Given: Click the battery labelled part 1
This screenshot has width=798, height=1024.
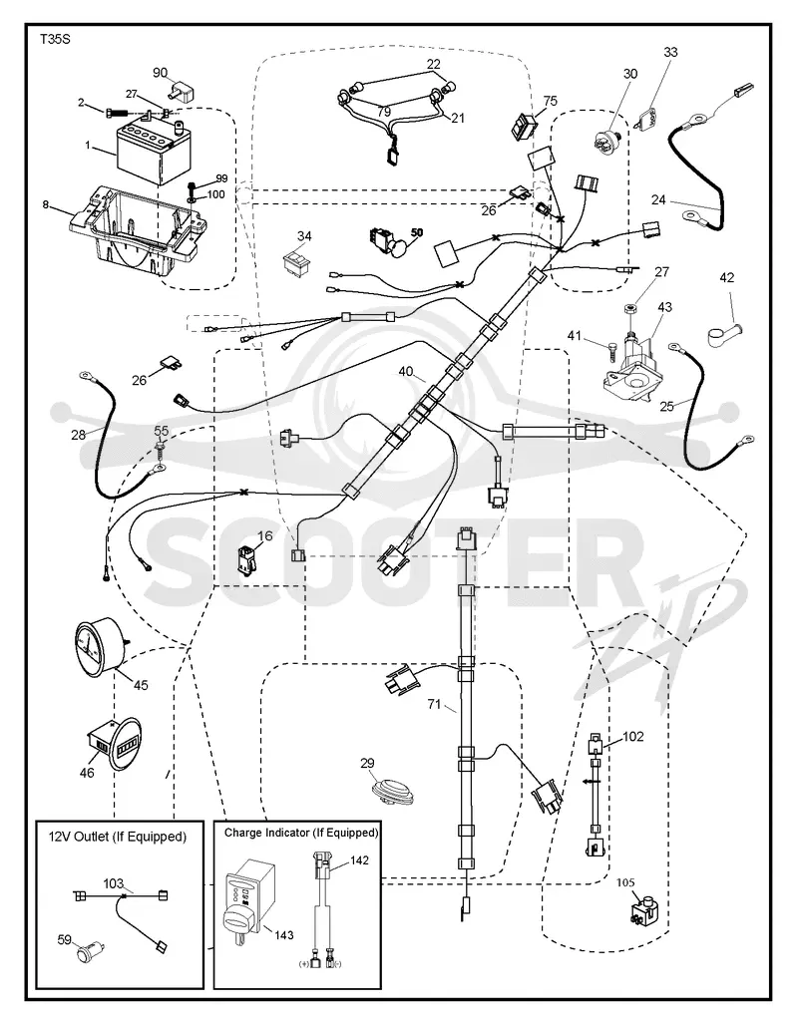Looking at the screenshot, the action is (152, 149).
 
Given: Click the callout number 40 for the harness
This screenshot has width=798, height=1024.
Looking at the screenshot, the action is (407, 371).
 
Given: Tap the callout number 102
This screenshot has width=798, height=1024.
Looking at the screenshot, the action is (632, 736).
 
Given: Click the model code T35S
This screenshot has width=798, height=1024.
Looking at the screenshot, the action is (55, 40).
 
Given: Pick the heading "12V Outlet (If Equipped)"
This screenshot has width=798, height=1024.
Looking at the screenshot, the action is (118, 837).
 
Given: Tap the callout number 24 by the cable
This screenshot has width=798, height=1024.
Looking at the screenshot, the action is (658, 199).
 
